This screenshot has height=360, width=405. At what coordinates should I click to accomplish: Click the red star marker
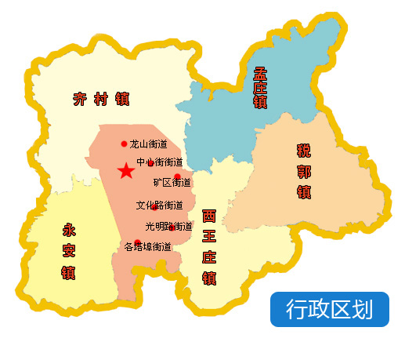(125, 171)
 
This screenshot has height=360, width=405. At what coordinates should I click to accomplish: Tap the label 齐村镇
(101, 100)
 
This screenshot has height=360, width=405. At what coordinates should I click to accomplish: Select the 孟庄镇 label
(261, 87)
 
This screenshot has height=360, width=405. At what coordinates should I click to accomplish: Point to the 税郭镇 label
(304, 170)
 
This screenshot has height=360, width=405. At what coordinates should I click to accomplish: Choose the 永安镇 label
(68, 252)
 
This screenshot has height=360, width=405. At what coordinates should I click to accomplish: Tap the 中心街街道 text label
(161, 162)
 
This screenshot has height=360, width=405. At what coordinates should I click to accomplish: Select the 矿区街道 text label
(172, 183)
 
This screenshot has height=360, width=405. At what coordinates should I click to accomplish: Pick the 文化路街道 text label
(159, 205)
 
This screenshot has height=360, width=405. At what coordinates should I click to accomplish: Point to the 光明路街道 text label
(168, 227)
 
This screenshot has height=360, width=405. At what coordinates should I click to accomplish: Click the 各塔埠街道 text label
(148, 247)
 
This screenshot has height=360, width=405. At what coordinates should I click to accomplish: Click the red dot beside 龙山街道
(124, 144)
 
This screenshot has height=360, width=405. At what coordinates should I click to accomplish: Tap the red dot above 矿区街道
(177, 176)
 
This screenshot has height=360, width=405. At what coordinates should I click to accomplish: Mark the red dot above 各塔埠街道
(137, 242)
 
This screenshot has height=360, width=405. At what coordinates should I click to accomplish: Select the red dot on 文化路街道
(154, 206)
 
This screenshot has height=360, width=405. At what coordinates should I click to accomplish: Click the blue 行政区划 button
(329, 309)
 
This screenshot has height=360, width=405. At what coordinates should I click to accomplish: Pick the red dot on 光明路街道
(172, 227)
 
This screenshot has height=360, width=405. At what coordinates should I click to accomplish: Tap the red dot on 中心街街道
(150, 163)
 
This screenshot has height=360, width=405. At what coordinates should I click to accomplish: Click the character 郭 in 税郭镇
(304, 170)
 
